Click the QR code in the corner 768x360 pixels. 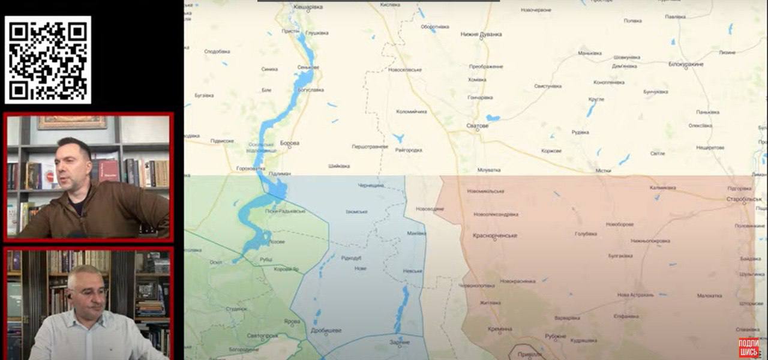[48, 60]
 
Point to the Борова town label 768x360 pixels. [290, 143]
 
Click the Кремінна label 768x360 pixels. [500, 329]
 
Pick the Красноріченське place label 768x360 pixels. [495, 236]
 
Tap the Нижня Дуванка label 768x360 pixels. [481, 35]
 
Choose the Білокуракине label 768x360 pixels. [686, 64]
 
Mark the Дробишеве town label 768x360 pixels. [326, 330]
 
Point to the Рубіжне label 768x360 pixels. [556, 336]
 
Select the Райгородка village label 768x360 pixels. [409, 150]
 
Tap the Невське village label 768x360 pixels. [413, 271]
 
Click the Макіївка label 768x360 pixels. [416, 233]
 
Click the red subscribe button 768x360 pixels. [749, 347]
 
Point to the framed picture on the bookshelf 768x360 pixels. [71, 122]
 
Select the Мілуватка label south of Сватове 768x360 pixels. [489, 170]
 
